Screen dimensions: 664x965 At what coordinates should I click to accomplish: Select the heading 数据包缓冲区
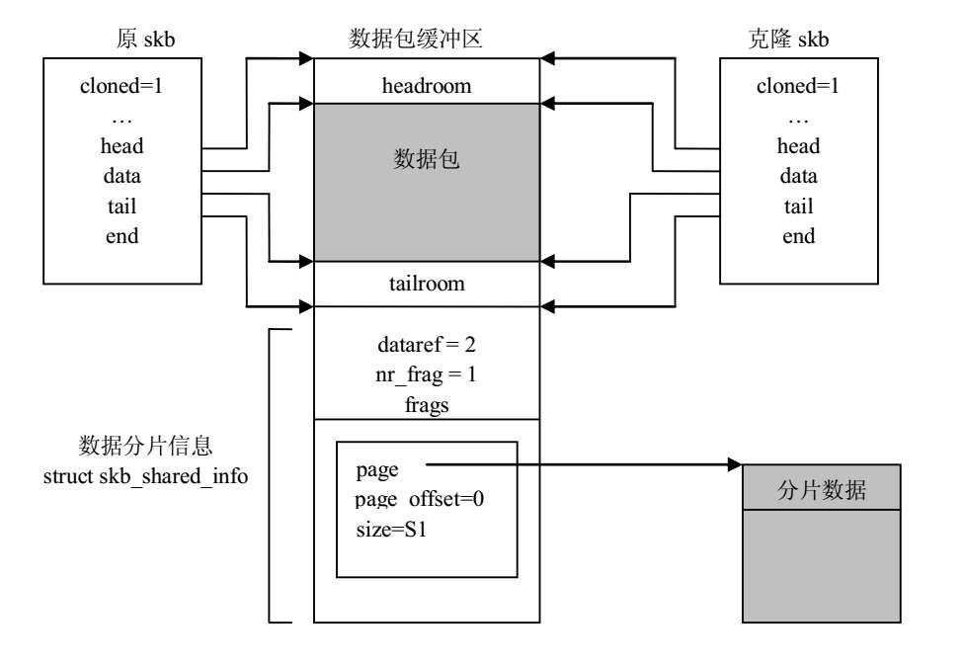click(x=416, y=38)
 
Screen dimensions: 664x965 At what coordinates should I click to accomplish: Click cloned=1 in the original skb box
click(x=121, y=85)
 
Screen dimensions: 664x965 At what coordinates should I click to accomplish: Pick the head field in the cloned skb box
click(x=798, y=146)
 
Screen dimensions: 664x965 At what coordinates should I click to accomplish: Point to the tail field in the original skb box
click(x=122, y=207)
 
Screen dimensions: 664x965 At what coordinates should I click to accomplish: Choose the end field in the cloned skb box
click(x=798, y=236)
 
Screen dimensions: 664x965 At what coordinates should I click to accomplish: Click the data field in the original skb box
click(x=122, y=177)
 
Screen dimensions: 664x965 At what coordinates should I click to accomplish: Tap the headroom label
click(x=427, y=86)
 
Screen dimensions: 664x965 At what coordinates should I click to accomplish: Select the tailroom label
click(x=427, y=285)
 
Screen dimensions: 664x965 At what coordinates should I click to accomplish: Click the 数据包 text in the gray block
click(x=427, y=161)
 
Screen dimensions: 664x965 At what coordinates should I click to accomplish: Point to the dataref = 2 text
click(x=427, y=347)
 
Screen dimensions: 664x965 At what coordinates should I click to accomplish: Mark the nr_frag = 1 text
click(x=427, y=376)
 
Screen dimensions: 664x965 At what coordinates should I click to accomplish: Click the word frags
click(x=427, y=405)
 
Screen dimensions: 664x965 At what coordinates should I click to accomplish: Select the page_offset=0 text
click(x=420, y=499)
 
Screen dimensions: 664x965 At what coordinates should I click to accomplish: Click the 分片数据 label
click(x=822, y=488)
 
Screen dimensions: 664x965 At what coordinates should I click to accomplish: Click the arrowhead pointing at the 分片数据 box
click(x=735, y=464)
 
